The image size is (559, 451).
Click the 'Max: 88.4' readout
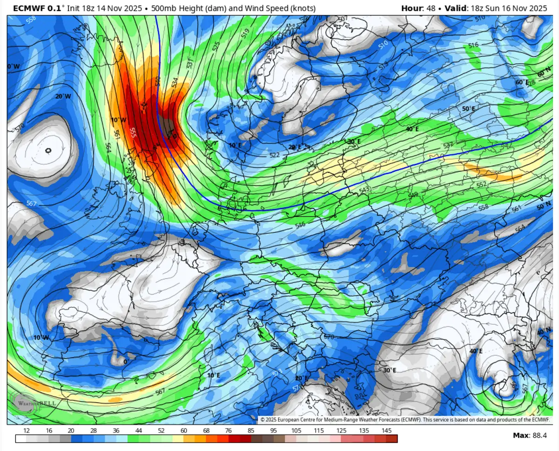point(529,435)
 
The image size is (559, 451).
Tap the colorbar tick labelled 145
point(386,431)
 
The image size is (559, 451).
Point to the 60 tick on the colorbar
point(184,431)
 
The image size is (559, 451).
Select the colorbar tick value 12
point(27,431)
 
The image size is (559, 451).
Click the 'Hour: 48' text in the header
point(417,8)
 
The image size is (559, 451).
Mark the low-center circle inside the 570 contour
point(49,150)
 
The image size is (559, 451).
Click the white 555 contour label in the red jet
point(133,132)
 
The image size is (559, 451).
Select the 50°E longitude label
point(468,109)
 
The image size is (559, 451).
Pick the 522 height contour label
point(275,155)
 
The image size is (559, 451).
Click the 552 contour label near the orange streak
point(482,184)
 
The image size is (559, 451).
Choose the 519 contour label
point(245,33)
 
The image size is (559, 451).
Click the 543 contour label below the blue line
point(364,189)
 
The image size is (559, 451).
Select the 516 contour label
point(473,45)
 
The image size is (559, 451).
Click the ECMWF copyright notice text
point(404,419)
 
